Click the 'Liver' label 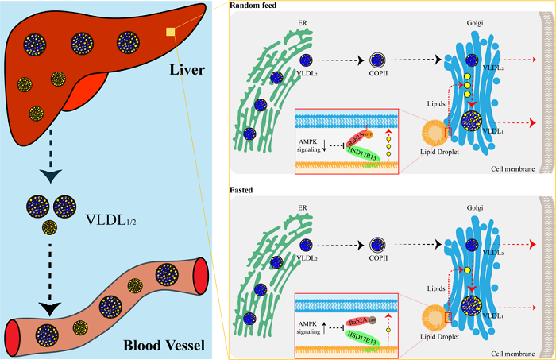[187, 71]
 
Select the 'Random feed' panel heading [253, 6]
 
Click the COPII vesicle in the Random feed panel [378, 60]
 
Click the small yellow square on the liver [170, 32]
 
